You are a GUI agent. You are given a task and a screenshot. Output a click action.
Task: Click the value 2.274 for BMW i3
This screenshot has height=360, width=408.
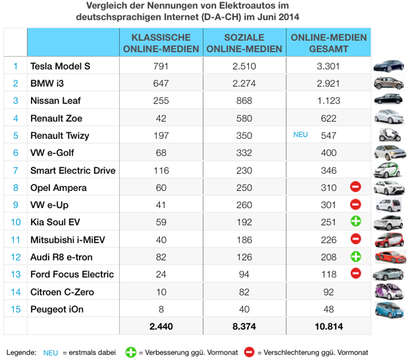pos(245,84)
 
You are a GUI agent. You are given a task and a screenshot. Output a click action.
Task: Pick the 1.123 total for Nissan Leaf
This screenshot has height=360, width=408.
pos(328,101)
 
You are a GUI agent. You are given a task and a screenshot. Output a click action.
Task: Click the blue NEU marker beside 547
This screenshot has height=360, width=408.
pos(301,136)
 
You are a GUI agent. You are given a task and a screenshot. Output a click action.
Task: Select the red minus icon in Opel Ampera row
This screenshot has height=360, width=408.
pos(355,188)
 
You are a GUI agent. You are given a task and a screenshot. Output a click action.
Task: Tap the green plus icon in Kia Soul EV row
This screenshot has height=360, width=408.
pos(355,222)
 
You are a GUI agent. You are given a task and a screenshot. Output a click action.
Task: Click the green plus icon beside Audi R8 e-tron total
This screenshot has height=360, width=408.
pos(355,257)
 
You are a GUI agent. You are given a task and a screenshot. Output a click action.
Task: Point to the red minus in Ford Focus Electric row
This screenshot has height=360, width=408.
pos(355,274)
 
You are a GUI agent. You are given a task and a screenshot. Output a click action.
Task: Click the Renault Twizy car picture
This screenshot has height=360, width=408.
pos(388,136)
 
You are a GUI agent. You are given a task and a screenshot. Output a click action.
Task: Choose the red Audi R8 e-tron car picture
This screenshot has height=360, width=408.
pos(388,257)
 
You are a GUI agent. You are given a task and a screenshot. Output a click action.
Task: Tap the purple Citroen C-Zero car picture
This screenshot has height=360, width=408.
pos(388,292)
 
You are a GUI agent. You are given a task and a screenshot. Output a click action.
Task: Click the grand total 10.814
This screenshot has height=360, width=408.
pos(328,326)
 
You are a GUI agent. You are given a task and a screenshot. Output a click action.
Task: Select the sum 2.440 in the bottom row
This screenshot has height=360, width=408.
pos(161,326)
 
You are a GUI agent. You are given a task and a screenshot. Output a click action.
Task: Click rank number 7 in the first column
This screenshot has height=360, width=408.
pos(14,170)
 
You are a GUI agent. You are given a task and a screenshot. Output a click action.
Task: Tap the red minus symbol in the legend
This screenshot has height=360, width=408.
pos(249,352)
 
